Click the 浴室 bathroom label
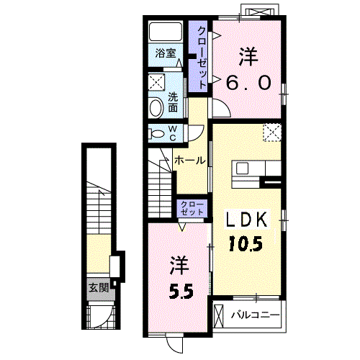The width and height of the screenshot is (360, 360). pos(166,53)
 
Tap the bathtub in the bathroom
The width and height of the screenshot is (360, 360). pos(166,32)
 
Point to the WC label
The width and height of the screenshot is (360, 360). pos(173,133)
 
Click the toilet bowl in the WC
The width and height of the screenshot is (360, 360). pos(156,134)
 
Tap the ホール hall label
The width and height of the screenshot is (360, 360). pos(190,161)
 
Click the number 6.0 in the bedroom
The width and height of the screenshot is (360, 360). pos(248,82)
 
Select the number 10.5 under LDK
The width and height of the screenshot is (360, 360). pos(246,243)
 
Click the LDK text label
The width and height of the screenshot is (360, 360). pos(247,220)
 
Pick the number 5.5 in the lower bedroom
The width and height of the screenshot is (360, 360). pos(181,291)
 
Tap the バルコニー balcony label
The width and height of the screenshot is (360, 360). pos(256,315)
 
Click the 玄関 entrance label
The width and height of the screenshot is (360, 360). pos(99,287)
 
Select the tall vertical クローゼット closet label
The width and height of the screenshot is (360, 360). pos(202,58)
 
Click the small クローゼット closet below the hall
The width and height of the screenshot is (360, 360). pos(192,208)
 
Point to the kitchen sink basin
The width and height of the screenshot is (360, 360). pos(242,168)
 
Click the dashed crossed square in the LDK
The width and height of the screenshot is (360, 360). pos(272,132)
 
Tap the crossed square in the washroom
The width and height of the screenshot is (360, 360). pos(156,82)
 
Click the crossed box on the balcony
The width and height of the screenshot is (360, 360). pos(218,315)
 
